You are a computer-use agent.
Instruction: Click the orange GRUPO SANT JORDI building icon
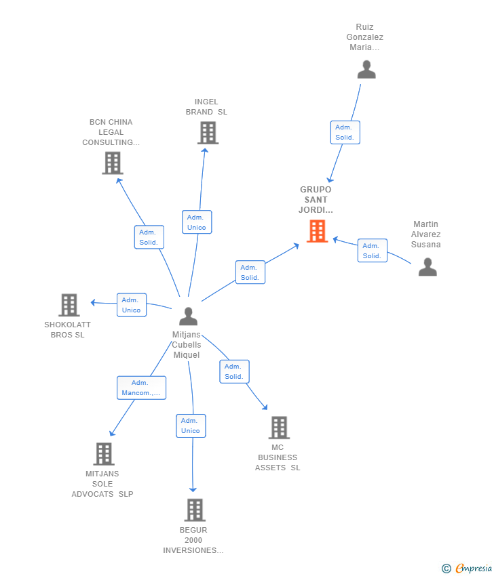(317, 231)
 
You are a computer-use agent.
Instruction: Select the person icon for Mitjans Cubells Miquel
(188, 316)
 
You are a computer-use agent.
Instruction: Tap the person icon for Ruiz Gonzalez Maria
(366, 69)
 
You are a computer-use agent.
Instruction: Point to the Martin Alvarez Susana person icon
(427, 267)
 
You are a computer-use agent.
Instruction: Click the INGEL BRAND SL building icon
(208, 133)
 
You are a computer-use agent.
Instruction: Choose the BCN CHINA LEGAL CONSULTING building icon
(113, 163)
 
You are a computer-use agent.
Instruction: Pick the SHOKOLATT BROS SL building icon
(69, 305)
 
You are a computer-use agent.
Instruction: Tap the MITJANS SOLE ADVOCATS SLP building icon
(104, 453)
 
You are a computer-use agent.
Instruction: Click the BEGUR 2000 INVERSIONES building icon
(195, 510)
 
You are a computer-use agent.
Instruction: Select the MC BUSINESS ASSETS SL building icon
(279, 428)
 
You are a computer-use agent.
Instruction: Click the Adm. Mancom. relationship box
(141, 388)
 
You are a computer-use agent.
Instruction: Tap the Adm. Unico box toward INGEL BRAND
(197, 222)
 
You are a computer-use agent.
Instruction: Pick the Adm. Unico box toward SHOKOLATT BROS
(132, 305)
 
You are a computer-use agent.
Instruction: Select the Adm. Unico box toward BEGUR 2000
(191, 426)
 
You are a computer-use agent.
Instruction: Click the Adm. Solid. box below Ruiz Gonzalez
(345, 132)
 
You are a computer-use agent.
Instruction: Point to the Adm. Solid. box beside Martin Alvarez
(373, 251)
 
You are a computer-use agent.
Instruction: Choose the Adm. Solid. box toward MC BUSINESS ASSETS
(234, 371)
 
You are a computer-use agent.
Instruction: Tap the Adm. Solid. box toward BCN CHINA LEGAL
(149, 237)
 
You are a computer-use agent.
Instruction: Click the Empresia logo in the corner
(467, 569)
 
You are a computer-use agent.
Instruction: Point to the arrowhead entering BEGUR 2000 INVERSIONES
(193, 490)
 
